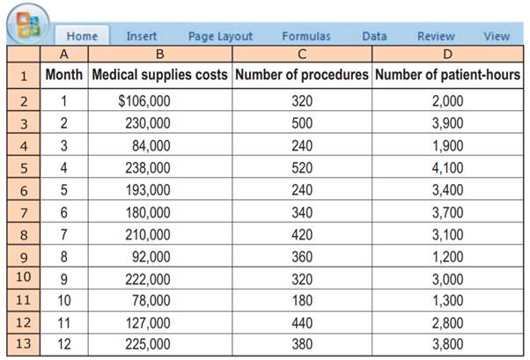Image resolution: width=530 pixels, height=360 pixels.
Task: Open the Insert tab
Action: point(141,36)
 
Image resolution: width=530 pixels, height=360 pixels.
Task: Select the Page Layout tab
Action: point(220,36)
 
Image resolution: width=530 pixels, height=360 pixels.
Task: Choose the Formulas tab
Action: point(306,36)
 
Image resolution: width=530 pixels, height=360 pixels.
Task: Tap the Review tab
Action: point(436,36)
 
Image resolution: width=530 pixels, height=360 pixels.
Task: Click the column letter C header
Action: point(302,55)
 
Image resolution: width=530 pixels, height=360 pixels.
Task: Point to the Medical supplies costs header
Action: point(158,75)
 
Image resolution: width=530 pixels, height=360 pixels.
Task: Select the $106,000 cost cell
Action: point(144,100)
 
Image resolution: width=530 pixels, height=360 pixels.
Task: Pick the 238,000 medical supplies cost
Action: point(148,166)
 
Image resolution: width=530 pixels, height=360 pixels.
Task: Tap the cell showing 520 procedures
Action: point(302,166)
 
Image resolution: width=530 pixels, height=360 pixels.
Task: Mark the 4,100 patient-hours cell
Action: point(447,166)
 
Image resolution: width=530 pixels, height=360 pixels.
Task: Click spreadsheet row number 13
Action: point(23,344)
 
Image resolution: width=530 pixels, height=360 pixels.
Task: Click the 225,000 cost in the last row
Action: point(148,344)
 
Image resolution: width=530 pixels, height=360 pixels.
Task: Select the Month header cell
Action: point(63,75)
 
